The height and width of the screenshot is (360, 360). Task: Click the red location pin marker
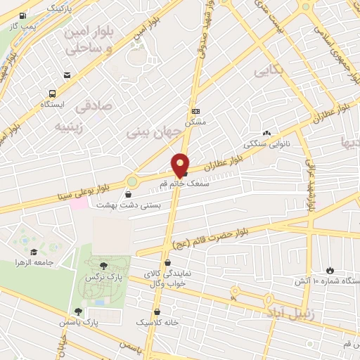(181, 164)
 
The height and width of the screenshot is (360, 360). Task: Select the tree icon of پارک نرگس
(104, 265)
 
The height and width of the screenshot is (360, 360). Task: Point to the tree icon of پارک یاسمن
(78, 311)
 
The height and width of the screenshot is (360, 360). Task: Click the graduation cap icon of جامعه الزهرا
(34, 251)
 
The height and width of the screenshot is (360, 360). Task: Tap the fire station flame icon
(330, 270)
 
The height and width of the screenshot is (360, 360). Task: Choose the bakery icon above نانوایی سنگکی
(266, 133)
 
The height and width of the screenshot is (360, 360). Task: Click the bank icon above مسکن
(195, 112)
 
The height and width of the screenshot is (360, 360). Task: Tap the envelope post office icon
(67, 75)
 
